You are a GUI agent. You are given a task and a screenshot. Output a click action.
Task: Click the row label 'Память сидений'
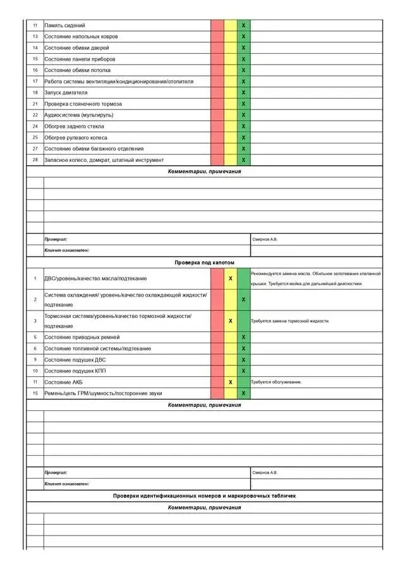64,25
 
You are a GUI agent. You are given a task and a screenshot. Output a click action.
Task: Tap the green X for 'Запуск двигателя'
243,92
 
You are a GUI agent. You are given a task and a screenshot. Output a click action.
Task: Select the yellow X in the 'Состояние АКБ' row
231,382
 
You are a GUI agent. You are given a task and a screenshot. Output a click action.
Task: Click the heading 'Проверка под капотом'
204,262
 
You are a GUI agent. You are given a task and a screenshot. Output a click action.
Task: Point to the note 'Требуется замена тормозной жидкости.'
290,321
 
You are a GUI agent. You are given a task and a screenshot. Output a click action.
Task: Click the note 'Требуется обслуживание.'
276,382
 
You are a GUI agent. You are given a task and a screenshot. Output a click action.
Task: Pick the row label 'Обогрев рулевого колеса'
76,137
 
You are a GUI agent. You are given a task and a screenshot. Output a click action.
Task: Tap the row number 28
35,160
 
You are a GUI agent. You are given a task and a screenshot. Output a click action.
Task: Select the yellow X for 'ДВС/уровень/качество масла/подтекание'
231,278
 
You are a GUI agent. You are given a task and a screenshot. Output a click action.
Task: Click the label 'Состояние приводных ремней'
82,337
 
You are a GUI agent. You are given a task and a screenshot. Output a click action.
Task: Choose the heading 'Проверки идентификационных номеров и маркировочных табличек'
204,496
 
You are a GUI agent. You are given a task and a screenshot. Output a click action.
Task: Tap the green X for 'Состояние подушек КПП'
243,370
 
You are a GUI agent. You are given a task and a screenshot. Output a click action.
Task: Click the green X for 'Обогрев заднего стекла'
243,126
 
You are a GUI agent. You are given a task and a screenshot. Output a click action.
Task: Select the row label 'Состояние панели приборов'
80,59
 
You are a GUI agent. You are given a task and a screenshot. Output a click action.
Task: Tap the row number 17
35,82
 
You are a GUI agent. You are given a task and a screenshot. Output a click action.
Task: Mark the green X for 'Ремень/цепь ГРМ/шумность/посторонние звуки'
243,393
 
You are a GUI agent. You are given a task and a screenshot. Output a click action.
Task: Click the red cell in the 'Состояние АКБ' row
217,382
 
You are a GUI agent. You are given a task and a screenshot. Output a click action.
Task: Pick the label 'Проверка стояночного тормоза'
83,104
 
